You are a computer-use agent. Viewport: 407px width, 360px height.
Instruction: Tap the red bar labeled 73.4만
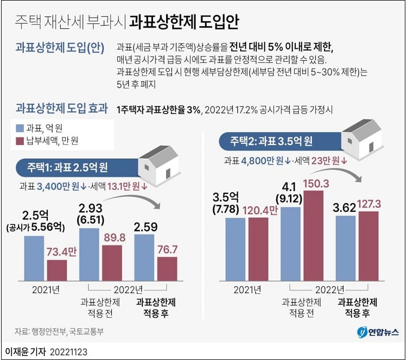click(56, 269)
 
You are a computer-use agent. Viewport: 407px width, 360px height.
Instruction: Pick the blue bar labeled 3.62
click(345, 248)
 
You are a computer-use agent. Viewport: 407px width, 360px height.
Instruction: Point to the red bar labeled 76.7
click(167, 268)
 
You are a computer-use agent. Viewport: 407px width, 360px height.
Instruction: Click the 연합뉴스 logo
click(378, 332)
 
